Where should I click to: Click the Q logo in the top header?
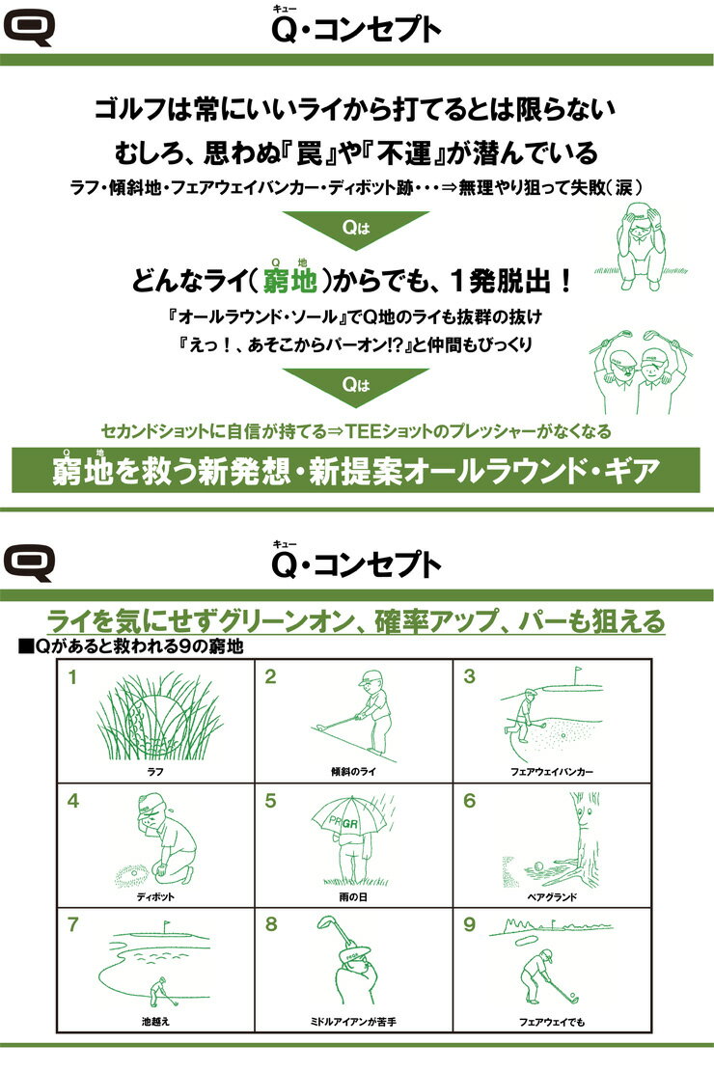click(x=29, y=28)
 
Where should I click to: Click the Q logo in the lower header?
click(x=29, y=563)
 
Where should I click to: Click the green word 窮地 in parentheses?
click(x=289, y=281)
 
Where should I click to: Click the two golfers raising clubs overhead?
click(x=641, y=372)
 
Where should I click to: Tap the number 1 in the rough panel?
click(x=72, y=677)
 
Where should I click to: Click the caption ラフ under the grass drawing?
click(x=155, y=771)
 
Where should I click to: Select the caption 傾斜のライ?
click(x=353, y=771)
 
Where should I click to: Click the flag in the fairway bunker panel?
click(x=577, y=673)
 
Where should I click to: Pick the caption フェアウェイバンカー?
click(x=551, y=771)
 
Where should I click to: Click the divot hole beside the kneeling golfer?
click(x=132, y=873)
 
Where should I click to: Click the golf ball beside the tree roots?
click(x=538, y=866)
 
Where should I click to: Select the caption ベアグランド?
click(x=552, y=896)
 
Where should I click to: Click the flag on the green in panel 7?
click(x=166, y=927)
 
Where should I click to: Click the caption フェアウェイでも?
click(x=551, y=1022)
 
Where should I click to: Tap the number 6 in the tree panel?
click(x=469, y=801)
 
